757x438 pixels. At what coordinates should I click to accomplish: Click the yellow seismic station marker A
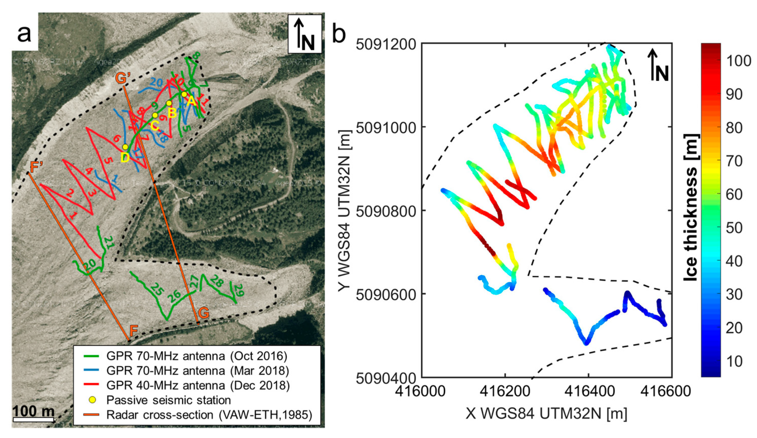(x=184, y=94)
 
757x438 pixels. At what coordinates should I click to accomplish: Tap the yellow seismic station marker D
(x=125, y=147)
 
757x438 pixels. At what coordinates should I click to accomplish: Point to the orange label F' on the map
(x=37, y=167)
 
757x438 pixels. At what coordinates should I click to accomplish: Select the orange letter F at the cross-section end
(x=134, y=330)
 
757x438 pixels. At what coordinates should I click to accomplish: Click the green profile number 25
(x=157, y=289)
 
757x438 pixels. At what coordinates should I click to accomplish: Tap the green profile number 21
(x=109, y=242)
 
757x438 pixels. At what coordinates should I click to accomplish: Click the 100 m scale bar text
(x=34, y=411)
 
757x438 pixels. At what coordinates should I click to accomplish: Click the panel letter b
(x=339, y=34)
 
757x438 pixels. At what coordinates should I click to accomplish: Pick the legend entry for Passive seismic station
(x=168, y=400)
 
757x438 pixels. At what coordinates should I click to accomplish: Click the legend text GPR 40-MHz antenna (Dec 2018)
(x=198, y=385)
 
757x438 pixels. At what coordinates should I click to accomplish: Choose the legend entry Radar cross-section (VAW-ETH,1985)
(x=209, y=415)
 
